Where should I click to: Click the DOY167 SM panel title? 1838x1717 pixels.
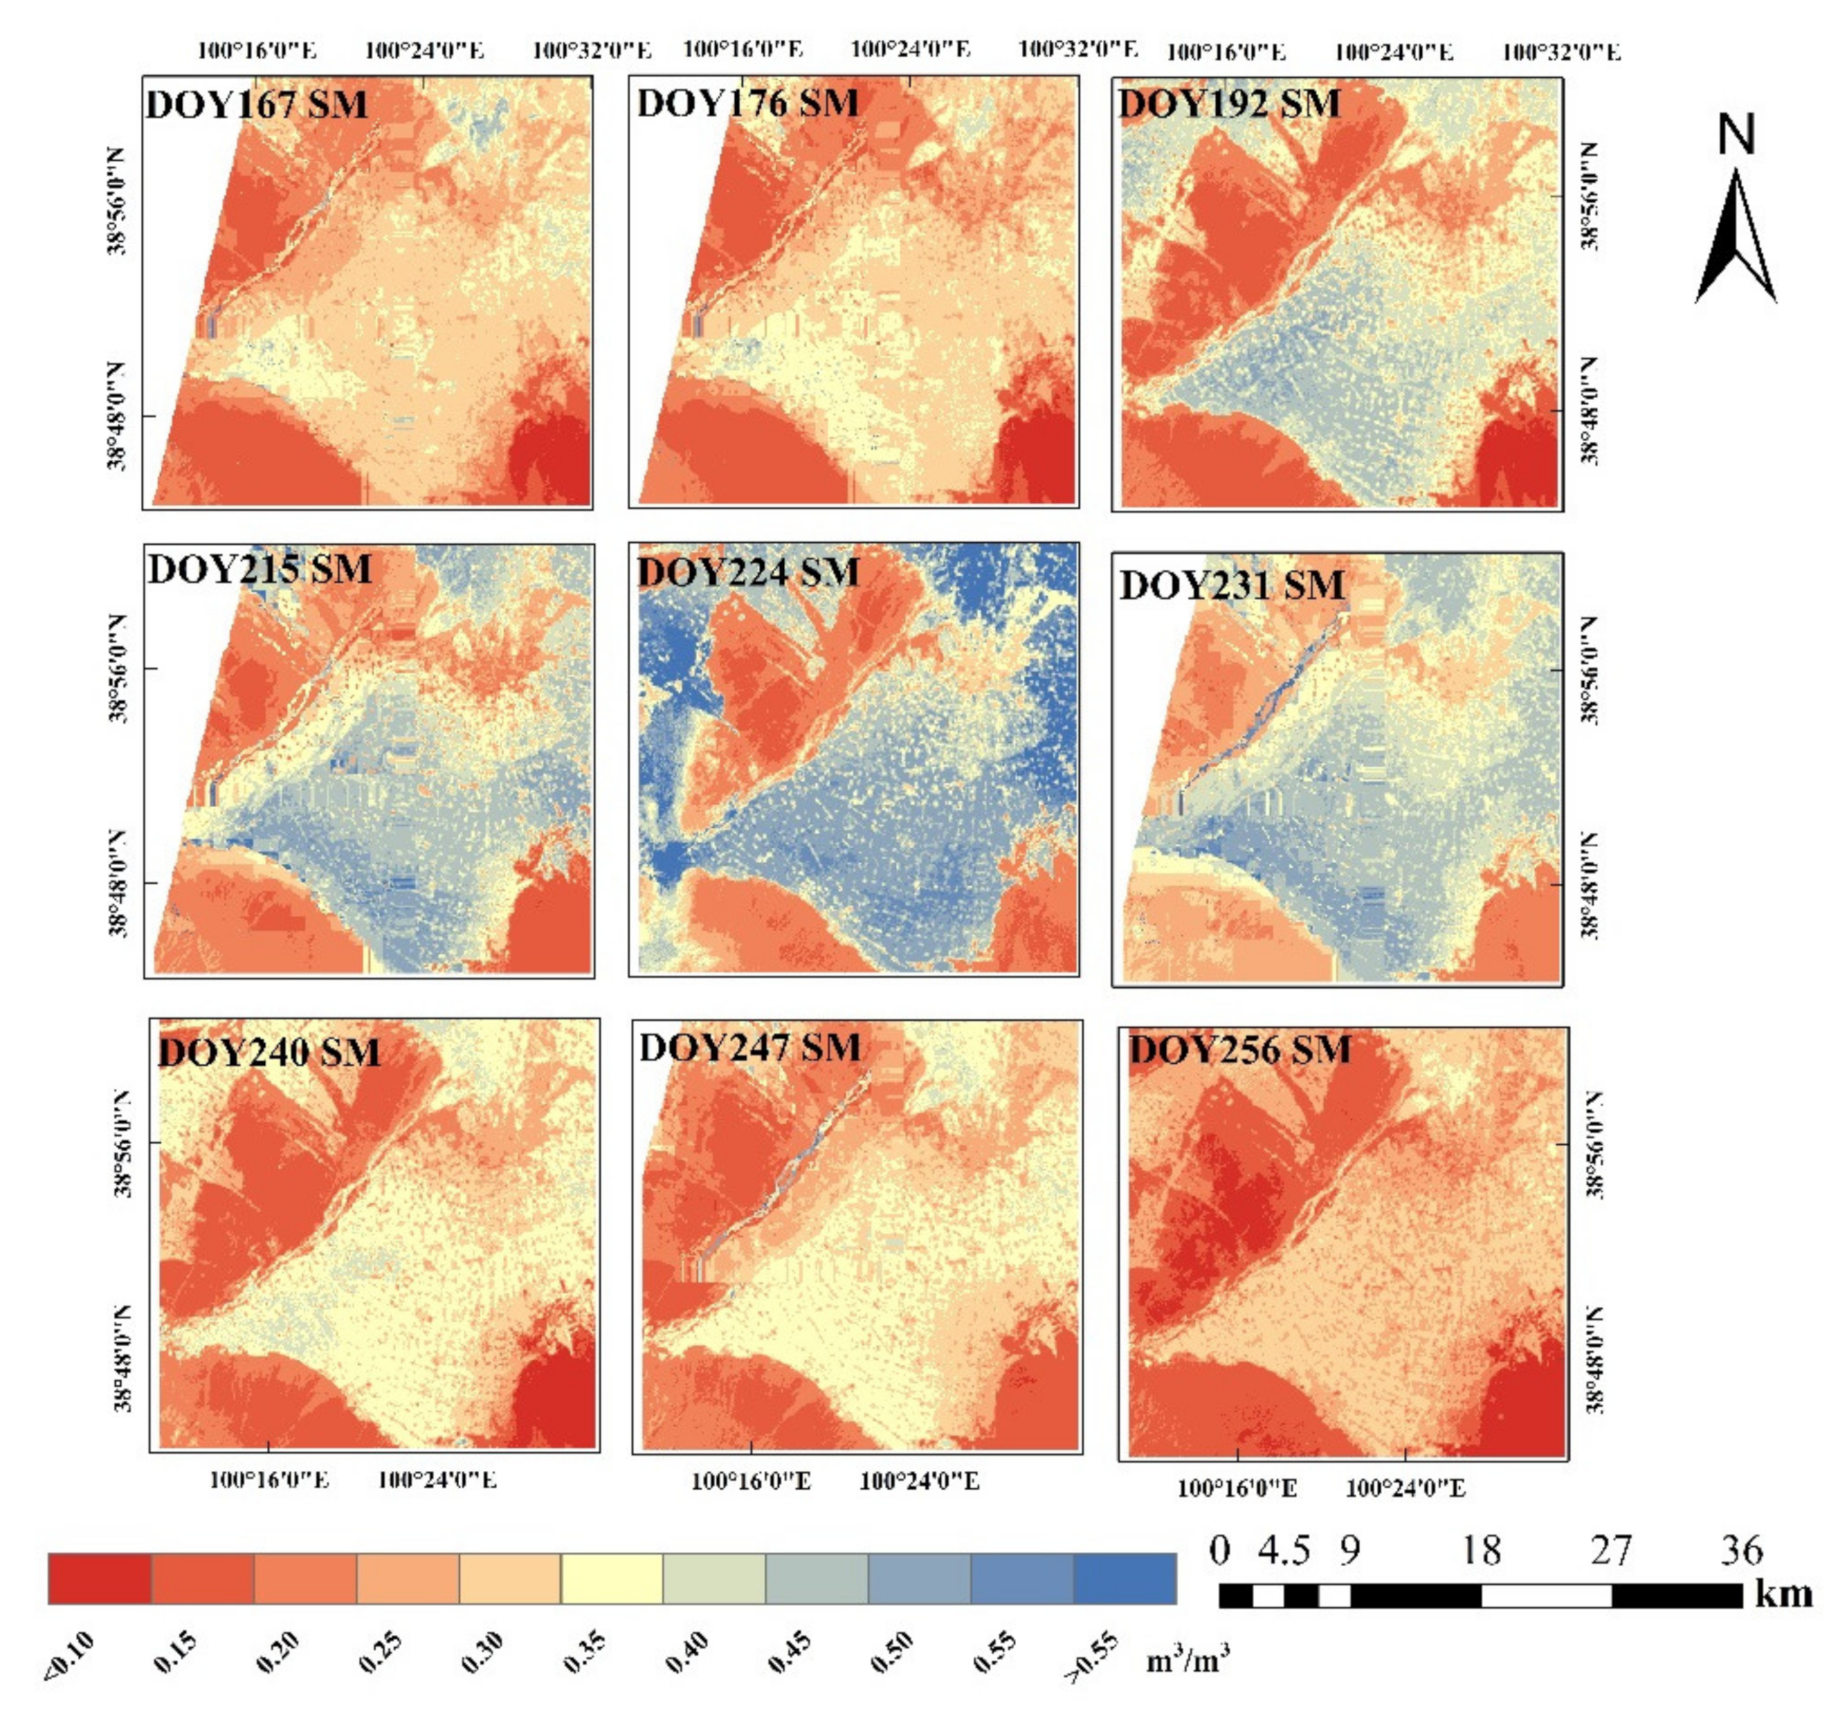pyautogui.click(x=257, y=103)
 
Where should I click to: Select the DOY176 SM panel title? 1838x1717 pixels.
pyautogui.click(x=747, y=103)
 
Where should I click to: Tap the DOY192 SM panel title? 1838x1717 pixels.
pyautogui.click(x=1230, y=103)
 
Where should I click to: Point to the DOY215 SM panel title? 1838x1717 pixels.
pyautogui.click(x=260, y=570)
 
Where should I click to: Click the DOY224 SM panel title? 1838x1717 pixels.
pyautogui.click(x=748, y=572)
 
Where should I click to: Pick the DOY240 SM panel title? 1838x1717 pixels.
pyautogui.click(x=269, y=1052)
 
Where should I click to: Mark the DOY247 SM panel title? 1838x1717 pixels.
pyautogui.click(x=750, y=1048)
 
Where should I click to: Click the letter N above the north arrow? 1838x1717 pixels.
pyautogui.click(x=1735, y=135)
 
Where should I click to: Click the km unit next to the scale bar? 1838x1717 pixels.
pyautogui.click(x=1783, y=1594)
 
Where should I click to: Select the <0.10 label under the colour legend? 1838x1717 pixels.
pyautogui.click(x=69, y=1655)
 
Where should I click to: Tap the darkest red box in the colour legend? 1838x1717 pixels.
pyautogui.click(x=100, y=1578)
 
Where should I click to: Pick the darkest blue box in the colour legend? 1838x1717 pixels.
pyautogui.click(x=1124, y=1578)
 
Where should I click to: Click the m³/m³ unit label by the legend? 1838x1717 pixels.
pyautogui.click(x=1188, y=1661)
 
